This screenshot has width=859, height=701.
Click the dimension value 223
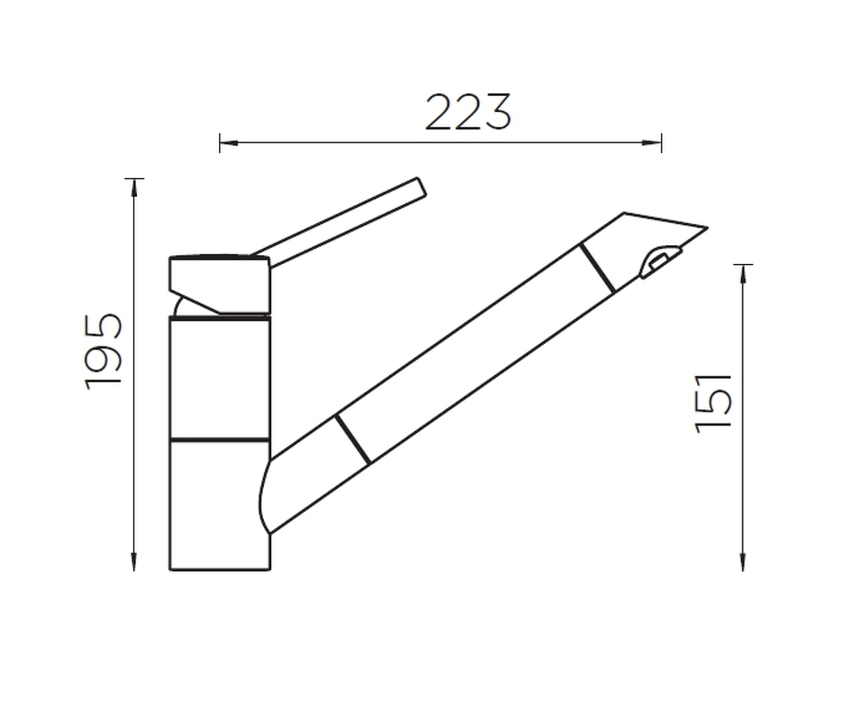pyautogui.click(x=468, y=113)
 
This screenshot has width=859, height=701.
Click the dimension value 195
pyautogui.click(x=103, y=352)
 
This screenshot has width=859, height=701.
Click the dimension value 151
pyautogui.click(x=713, y=404)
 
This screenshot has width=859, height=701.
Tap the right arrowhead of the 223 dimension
pyautogui.click(x=652, y=143)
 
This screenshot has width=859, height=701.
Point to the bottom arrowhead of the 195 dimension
pyautogui.click(x=134, y=562)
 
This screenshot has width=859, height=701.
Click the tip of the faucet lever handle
pyautogui.click(x=421, y=186)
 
